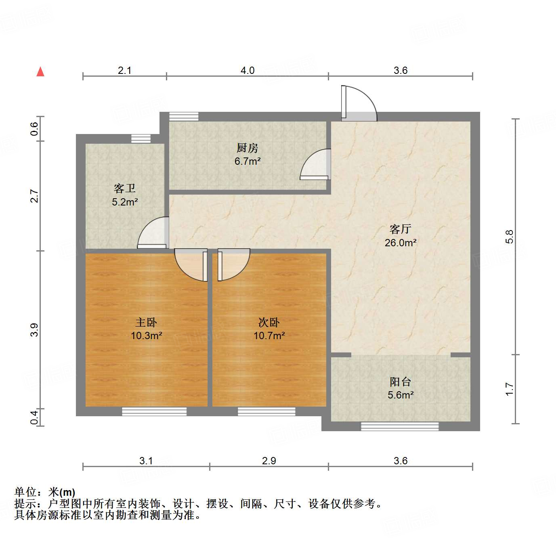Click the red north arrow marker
tap(40, 72)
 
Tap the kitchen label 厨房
tap(247, 148)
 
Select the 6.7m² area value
tap(247, 161)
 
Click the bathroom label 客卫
tap(124, 189)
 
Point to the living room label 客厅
tap(400, 229)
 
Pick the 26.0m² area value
tap(400, 243)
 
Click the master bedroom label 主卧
tap(146, 322)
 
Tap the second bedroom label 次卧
tap(269, 322)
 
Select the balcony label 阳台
tap(400, 382)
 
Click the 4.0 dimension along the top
tap(247, 71)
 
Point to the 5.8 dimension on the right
tap(510, 236)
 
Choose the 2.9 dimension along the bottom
tap(269, 461)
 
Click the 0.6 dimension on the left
tap(35, 129)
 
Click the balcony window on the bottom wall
tap(399, 426)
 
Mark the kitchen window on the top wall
tap(184, 116)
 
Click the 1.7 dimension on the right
tap(510, 389)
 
